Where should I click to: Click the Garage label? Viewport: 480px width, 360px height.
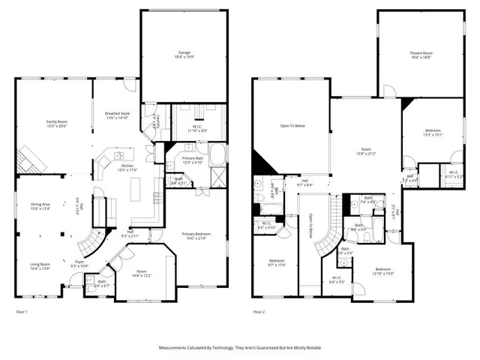pos(184,52)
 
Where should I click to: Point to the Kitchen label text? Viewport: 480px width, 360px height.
pos(127,166)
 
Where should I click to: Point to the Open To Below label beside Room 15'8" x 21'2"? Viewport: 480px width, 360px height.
pos(292,126)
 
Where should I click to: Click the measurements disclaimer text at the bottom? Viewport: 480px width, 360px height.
pos(240,348)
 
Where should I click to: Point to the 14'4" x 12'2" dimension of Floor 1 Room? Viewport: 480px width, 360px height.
pos(142,277)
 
